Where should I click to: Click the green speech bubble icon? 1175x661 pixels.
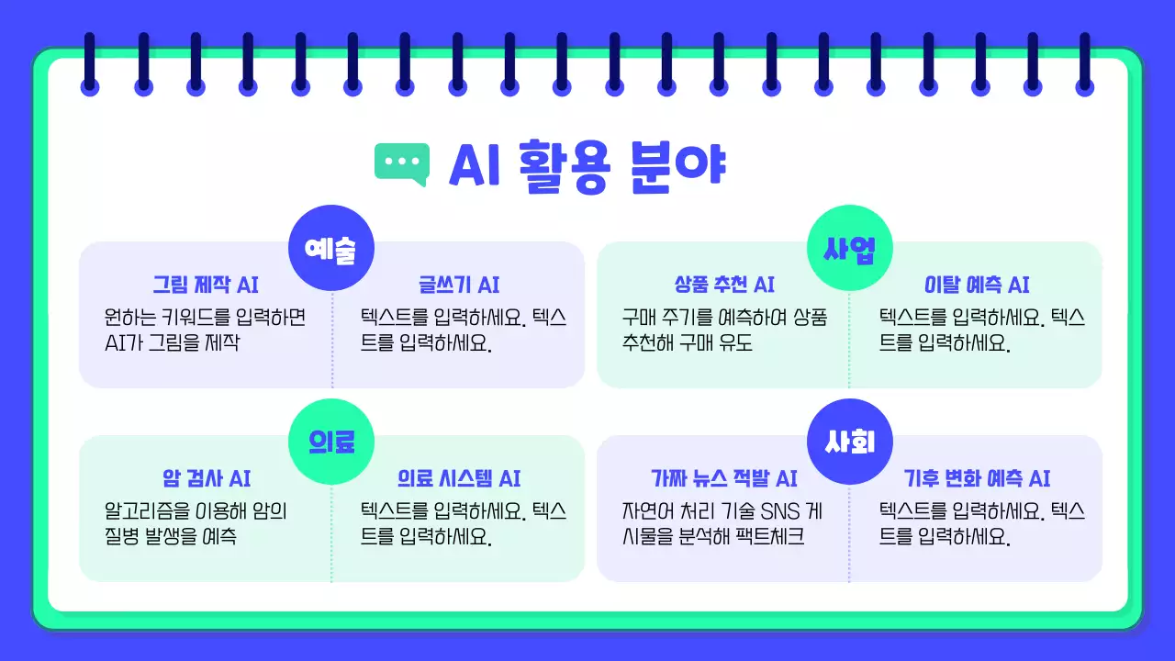point(402,163)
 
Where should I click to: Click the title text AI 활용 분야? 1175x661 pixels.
point(587,165)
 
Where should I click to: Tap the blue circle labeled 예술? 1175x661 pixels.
point(331,248)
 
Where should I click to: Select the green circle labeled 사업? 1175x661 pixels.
point(849,248)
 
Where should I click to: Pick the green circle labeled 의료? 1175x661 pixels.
point(331,442)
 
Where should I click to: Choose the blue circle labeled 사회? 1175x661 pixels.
point(849,442)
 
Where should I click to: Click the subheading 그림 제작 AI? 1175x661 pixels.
point(206,285)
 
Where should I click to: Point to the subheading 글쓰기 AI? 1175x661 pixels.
point(459,285)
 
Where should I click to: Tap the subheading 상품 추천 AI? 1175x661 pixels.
point(723,285)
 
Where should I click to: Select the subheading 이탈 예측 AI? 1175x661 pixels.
point(977,285)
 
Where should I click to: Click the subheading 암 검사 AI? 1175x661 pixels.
point(206,478)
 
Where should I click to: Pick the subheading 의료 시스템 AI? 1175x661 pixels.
point(459,478)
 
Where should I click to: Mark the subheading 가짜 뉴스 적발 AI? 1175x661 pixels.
point(723,478)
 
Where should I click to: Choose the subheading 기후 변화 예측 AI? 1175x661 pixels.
point(977,478)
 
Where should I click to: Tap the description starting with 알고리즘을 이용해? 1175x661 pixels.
point(196,524)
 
